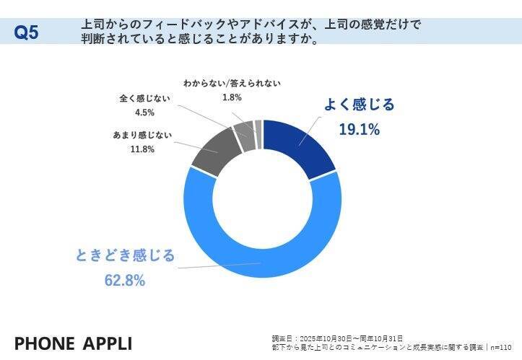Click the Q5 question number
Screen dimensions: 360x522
pyautogui.click(x=27, y=32)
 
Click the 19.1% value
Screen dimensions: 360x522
pyautogui.click(x=359, y=130)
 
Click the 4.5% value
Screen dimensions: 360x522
pyautogui.click(x=144, y=112)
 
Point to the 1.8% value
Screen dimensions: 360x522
pyautogui.click(x=232, y=97)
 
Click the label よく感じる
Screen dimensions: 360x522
pyautogui.click(x=359, y=105)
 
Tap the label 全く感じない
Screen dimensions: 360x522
pyautogui.click(x=144, y=98)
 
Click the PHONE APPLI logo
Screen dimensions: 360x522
pyautogui.click(x=74, y=342)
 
